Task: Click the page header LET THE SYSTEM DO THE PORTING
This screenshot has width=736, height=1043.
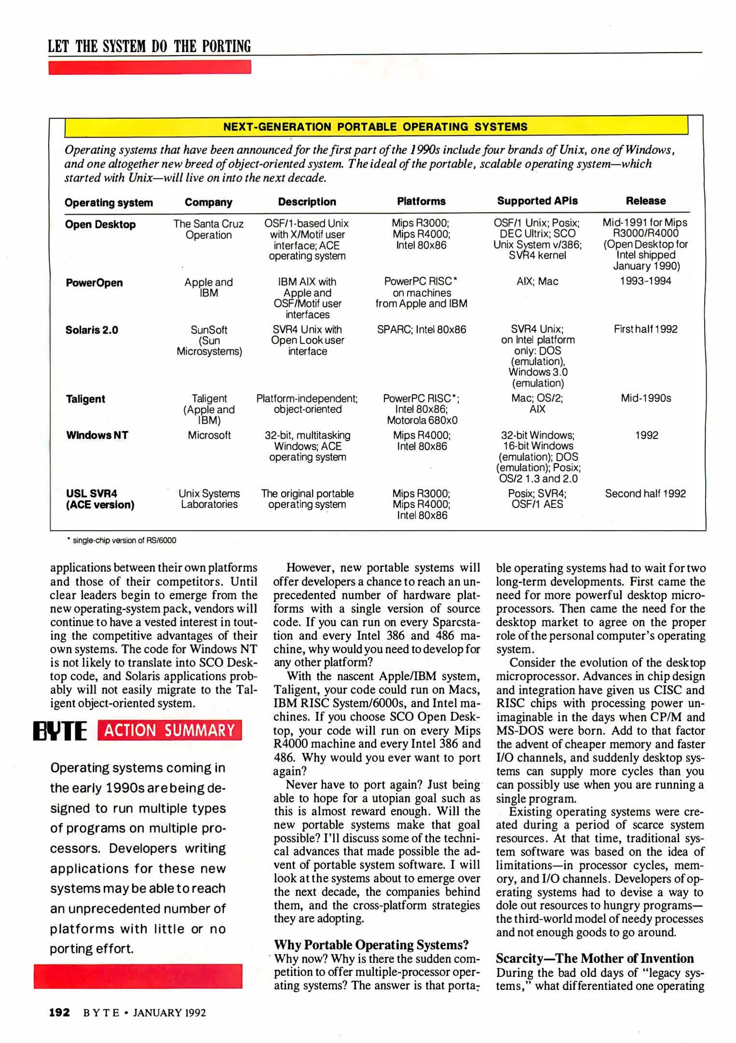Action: pos(149,46)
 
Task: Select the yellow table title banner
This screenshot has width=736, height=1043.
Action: pos(375,127)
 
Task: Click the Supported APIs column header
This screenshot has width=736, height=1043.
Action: pos(537,201)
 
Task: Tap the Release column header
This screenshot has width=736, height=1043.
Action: pos(645,201)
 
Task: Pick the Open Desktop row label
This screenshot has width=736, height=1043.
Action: pos(100,225)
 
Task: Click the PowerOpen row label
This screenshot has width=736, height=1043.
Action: pos(94,283)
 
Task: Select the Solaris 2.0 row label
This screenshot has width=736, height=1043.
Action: pos(92,330)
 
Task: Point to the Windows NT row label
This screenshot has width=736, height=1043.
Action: pos(97,435)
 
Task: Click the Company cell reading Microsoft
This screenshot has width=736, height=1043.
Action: pos(209,435)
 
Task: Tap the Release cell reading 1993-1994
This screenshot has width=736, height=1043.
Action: pos(645,281)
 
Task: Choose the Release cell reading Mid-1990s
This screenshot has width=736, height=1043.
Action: pos(646,398)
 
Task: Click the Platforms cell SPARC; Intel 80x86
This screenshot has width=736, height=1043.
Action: pos(421,330)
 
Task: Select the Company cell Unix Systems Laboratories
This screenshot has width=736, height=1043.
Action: pos(209,499)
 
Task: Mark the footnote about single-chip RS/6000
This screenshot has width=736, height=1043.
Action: pos(124,540)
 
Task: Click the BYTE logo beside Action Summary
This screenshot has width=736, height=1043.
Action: pos(60,731)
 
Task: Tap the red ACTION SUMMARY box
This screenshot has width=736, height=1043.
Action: pos(169,730)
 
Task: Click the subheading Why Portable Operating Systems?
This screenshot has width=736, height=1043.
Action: pos(371,944)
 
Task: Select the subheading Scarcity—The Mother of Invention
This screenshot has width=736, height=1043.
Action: pos(594,958)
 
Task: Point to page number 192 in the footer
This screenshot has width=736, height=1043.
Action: pos(59,1013)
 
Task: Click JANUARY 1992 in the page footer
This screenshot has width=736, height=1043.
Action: pos(170,1013)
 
